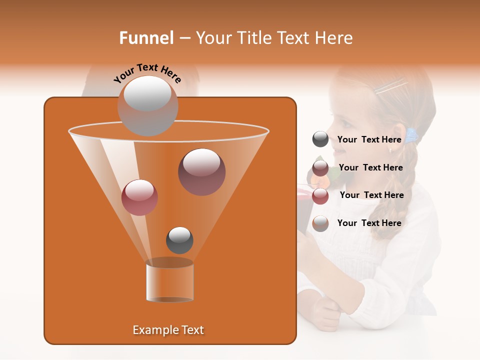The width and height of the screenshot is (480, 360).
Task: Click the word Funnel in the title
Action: click(x=146, y=38)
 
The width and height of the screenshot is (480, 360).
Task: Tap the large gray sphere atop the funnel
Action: click(x=147, y=105)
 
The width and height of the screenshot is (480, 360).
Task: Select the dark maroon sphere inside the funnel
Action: click(x=201, y=171)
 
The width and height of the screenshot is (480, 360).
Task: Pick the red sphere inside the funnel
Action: click(x=139, y=197)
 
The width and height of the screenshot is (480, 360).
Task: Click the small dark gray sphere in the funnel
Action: click(x=179, y=240)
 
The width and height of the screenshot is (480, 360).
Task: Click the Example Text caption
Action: click(x=168, y=330)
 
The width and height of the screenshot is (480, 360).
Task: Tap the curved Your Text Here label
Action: click(x=147, y=73)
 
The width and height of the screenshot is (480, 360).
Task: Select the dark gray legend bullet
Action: click(x=320, y=139)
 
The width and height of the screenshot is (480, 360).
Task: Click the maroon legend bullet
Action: click(x=320, y=167)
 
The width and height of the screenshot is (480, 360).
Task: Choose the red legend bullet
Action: click(x=320, y=195)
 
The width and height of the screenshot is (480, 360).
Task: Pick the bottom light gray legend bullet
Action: click(x=320, y=223)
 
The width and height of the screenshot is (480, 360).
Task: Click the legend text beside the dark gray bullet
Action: click(x=369, y=139)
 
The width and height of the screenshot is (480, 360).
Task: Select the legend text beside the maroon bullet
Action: click(x=370, y=167)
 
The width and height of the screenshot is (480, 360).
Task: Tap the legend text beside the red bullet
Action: click(x=371, y=195)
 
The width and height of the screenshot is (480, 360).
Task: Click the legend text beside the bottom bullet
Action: click(x=369, y=223)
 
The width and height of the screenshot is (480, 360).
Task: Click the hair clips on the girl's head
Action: click(x=390, y=87)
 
